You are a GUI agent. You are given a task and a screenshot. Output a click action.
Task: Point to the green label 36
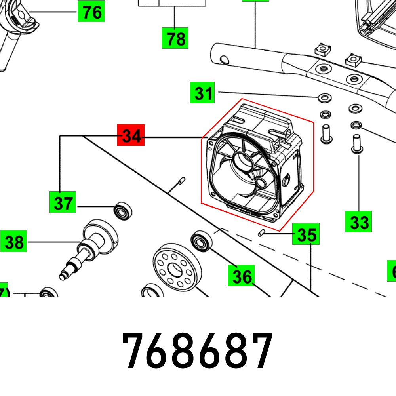coord(241,276)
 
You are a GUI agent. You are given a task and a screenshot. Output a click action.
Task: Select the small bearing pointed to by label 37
coord(123,211)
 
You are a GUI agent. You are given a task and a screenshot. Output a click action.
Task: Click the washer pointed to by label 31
coord(325,97)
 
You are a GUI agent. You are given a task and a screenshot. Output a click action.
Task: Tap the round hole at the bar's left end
coord(224,59)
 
